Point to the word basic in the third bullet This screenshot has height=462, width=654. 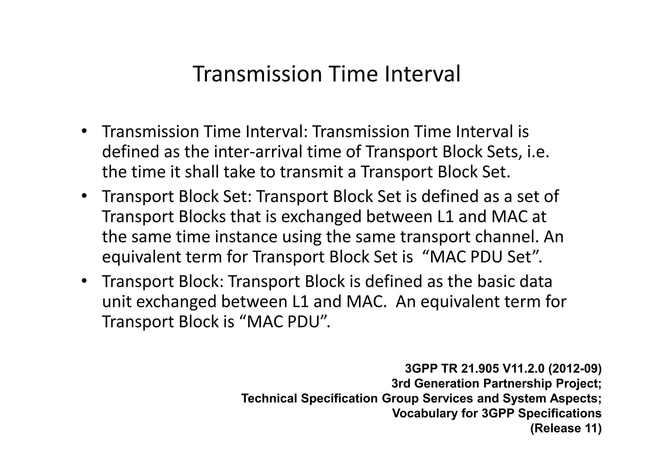point(496,282)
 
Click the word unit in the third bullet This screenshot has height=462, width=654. point(117,302)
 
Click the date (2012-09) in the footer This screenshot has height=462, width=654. point(574,369)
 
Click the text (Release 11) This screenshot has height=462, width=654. point(566,428)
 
